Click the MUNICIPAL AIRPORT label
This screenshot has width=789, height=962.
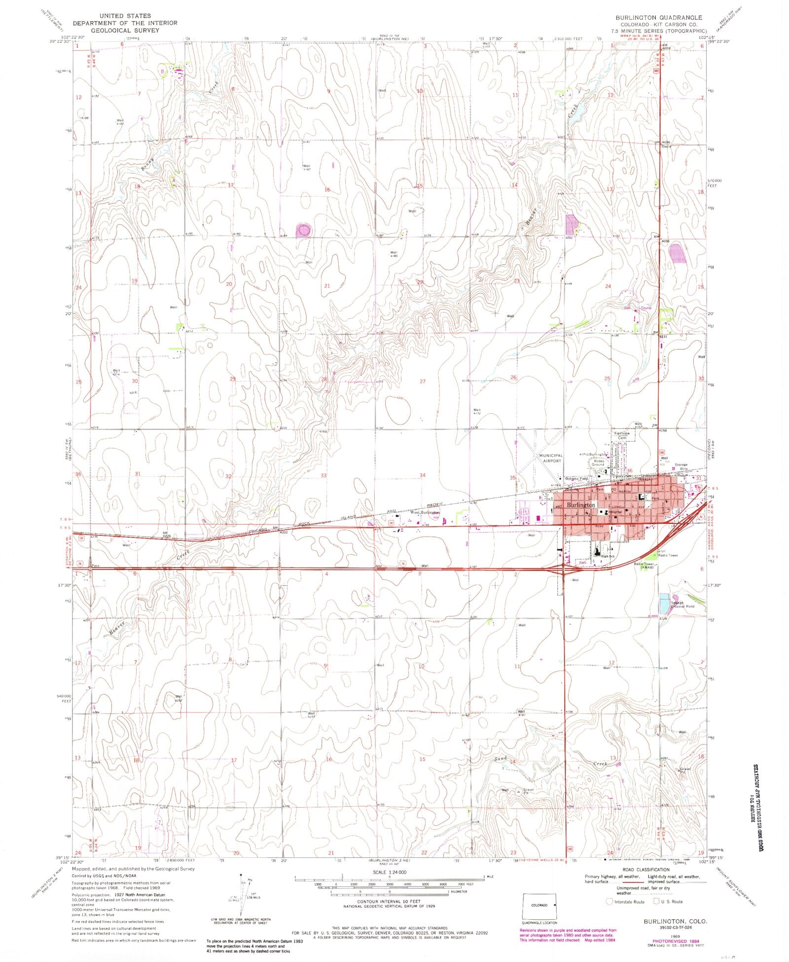click(x=550, y=458)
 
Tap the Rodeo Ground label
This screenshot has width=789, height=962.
click(x=598, y=463)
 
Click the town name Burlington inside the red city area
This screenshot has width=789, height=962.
click(x=581, y=505)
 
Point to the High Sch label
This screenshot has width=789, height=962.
click(x=608, y=556)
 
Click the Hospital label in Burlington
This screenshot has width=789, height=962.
click(x=615, y=512)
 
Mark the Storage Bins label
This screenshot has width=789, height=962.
click(x=681, y=466)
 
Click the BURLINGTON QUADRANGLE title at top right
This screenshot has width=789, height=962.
click(x=658, y=17)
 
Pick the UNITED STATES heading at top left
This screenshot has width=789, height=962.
click(x=125, y=16)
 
